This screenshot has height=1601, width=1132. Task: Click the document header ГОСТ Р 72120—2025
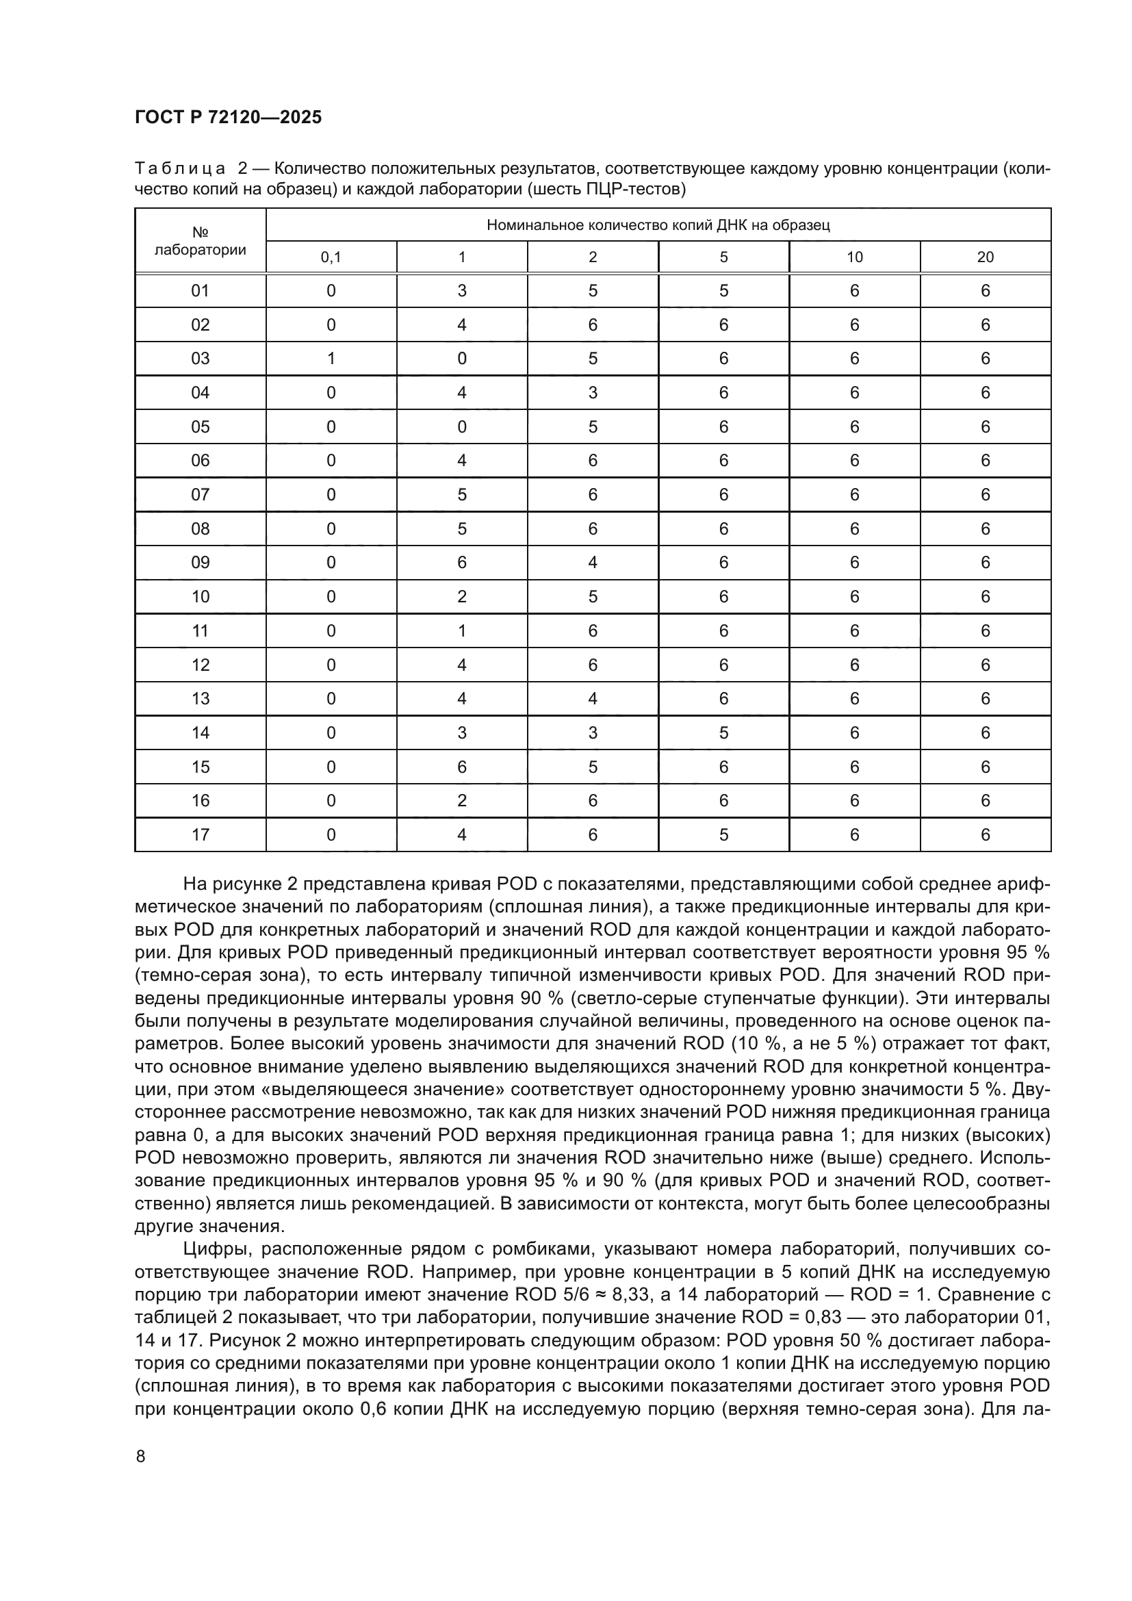click(228, 118)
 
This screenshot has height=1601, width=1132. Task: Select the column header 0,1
click(331, 257)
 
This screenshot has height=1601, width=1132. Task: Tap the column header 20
click(985, 257)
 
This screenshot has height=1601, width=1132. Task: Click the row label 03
click(200, 359)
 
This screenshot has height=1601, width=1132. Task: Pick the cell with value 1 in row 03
click(331, 359)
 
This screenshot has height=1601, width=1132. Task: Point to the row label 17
click(200, 834)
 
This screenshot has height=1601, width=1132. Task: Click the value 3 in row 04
click(593, 393)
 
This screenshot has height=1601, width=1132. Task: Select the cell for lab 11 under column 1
click(461, 630)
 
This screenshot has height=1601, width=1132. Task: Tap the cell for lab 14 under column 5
click(723, 733)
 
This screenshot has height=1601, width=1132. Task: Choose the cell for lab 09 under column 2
click(593, 563)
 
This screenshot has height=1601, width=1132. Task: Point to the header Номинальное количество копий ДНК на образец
click(658, 225)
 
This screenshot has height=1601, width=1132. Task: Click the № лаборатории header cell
click(200, 241)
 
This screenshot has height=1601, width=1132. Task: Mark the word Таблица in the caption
click(180, 169)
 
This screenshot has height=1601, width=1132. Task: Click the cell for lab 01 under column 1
click(461, 291)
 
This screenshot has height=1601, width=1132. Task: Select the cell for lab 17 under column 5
click(723, 834)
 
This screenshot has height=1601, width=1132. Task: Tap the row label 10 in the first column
click(200, 597)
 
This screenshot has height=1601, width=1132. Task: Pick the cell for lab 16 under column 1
click(461, 801)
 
